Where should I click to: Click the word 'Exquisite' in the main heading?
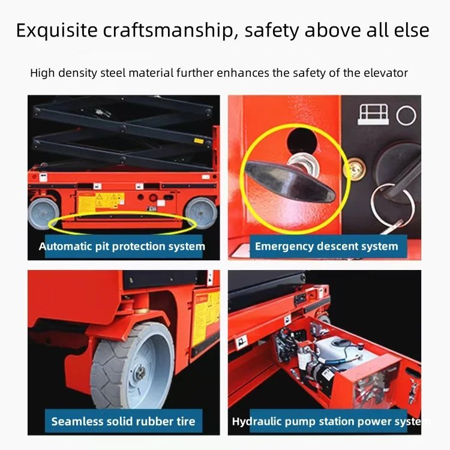[x=57, y=31]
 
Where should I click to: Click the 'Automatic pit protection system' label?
[x=122, y=247]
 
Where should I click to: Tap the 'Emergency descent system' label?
[x=326, y=247]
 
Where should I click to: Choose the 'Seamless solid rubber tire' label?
[x=124, y=421]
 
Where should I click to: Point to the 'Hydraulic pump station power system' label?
[x=331, y=422]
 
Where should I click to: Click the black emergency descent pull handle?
[x=289, y=180]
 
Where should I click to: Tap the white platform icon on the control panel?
[x=373, y=114]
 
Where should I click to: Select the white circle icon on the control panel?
[x=406, y=115]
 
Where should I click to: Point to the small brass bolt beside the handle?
[x=356, y=169]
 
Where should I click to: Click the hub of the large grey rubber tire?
[x=140, y=373]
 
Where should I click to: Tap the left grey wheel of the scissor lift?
[x=43, y=214]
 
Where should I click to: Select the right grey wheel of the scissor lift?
[x=201, y=212]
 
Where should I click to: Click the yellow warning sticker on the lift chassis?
[x=101, y=202]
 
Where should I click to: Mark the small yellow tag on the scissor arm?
[x=199, y=141]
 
